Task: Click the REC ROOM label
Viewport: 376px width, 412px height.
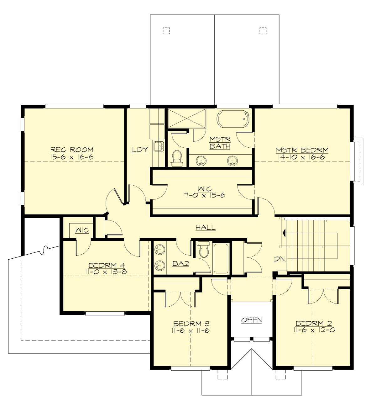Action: [x=72, y=150]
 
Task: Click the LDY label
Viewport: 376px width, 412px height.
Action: [x=140, y=150]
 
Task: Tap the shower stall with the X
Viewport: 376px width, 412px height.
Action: [x=187, y=119]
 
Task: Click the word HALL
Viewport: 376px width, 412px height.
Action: [x=206, y=228]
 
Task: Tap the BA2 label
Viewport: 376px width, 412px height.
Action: [x=180, y=264]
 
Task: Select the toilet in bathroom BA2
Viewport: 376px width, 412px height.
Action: [x=204, y=249]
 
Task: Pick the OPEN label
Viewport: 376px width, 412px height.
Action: [x=251, y=320]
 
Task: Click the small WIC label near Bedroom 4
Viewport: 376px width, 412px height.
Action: [x=82, y=230]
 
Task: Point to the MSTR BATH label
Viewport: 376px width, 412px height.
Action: [x=220, y=143]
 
